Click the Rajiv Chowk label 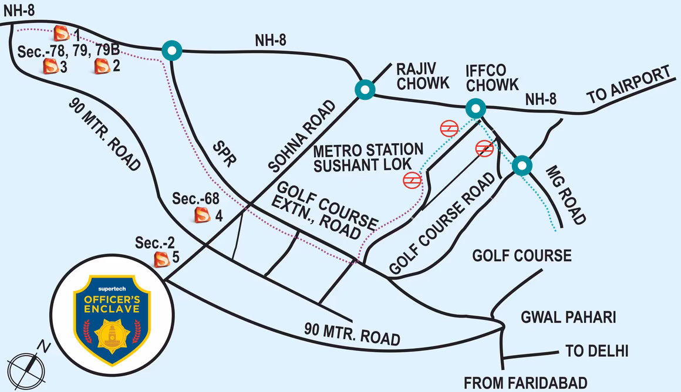pos(423,76)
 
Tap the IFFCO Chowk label pos(492,78)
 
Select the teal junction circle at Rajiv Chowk pos(365,89)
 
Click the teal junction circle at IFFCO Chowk pos(476,107)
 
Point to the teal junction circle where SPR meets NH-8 pos(172,50)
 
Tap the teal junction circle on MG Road pos(522,165)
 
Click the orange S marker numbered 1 pos(61,32)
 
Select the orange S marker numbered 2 pos(102,66)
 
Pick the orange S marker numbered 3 pos(51,66)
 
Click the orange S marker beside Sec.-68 pos(203,215)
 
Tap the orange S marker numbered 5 pos(162,259)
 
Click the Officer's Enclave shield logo pos(112,319)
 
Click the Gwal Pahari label pos(568,317)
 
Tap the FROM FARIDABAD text pos(525,383)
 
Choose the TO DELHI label pos(596,351)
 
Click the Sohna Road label pos(302,136)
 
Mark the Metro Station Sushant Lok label pos(368,158)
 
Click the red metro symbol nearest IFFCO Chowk pos(449,129)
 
